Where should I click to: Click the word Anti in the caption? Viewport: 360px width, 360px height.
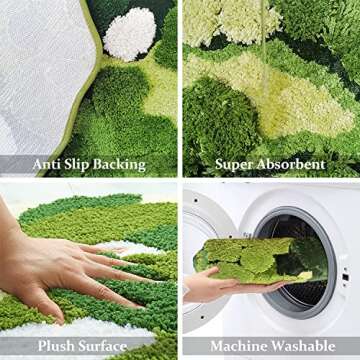pos(49,163)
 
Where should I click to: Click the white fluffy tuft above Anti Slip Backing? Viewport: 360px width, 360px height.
pos(130,32)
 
